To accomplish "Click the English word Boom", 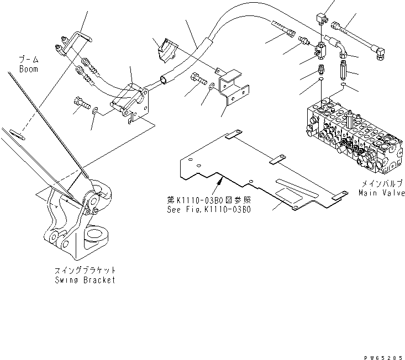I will click(x=29, y=70).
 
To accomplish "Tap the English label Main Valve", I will click(x=381, y=193).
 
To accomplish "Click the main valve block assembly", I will click(x=354, y=133).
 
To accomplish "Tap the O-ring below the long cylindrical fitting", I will click(x=344, y=87).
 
